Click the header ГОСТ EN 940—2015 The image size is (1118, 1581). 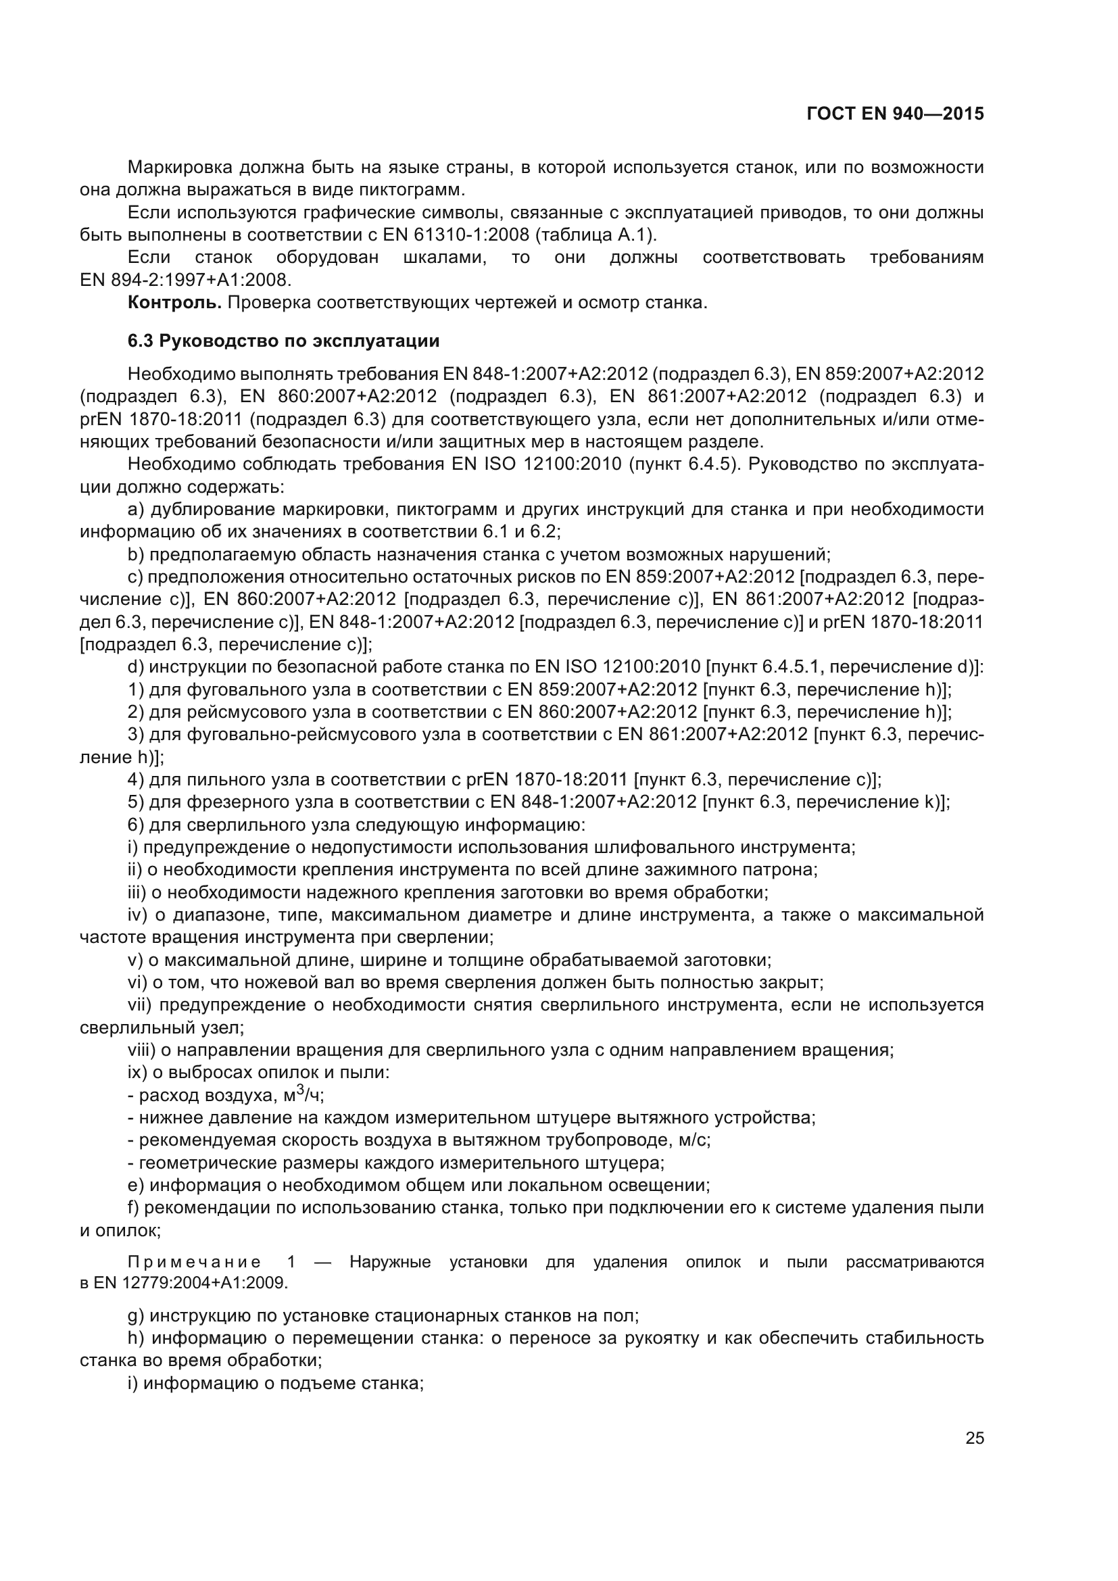click(895, 114)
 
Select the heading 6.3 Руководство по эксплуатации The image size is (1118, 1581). click(284, 341)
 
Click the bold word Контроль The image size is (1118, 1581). click(175, 302)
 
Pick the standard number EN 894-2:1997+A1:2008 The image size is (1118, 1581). click(186, 281)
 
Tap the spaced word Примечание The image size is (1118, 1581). click(194, 1261)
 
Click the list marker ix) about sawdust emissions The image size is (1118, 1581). click(136, 1073)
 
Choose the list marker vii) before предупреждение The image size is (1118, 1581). click(140, 1005)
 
